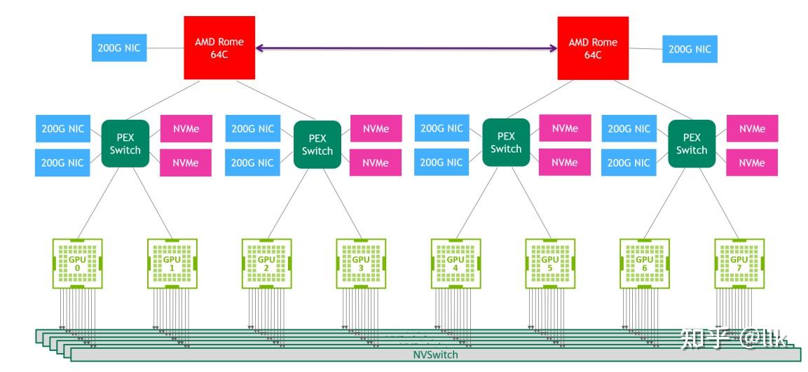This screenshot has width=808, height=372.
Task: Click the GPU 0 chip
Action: [x=78, y=263]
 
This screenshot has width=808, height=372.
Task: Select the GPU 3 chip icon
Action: [x=361, y=263]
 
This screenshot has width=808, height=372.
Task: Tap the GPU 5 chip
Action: [x=550, y=263]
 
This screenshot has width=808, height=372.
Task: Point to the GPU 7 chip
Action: [x=739, y=263]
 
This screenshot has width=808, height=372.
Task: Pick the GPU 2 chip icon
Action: [x=266, y=263]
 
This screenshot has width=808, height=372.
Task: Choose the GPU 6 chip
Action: [x=644, y=263]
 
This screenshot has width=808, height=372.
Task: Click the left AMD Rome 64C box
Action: [x=219, y=48]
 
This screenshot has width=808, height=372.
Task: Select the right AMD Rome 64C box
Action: [x=593, y=48]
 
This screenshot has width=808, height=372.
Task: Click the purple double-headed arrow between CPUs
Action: [x=406, y=48]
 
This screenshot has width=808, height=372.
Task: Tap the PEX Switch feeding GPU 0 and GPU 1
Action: [x=125, y=144]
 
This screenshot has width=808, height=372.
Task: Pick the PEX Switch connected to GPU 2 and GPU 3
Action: [x=317, y=144]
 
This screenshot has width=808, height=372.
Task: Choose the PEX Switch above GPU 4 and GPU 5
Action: [x=506, y=143]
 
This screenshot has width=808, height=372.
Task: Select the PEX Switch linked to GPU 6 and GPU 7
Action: [x=692, y=144]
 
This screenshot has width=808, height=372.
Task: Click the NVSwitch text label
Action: [x=435, y=354]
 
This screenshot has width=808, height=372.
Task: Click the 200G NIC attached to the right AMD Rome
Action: [x=690, y=49]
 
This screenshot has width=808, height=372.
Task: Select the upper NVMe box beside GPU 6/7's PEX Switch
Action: [x=752, y=128]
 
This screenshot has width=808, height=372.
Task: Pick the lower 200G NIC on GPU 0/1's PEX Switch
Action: [x=62, y=163]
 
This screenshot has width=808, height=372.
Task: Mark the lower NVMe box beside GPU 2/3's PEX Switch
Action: [x=376, y=163]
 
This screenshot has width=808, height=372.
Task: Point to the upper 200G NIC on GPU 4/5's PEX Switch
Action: [x=441, y=128]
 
